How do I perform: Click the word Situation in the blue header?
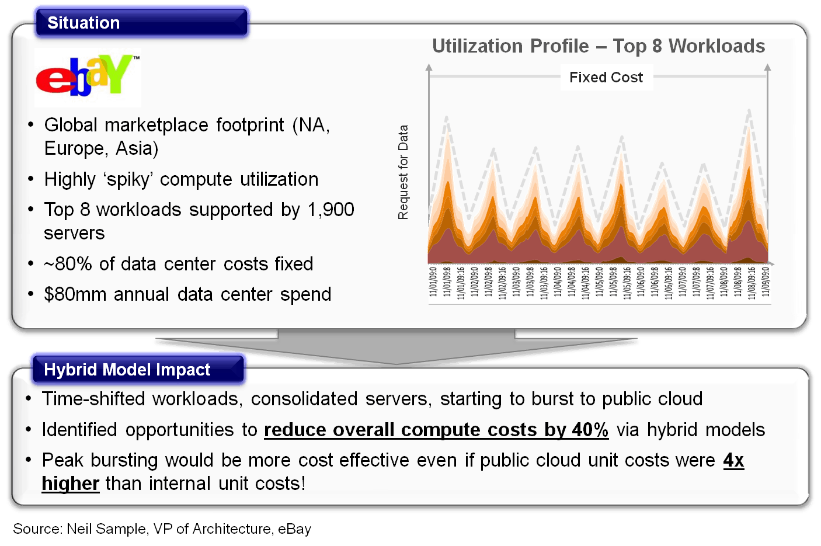tap(84, 23)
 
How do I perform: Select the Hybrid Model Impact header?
tap(127, 370)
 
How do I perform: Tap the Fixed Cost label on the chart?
tap(606, 77)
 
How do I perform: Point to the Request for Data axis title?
tap(403, 172)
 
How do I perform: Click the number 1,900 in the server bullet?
tap(331, 210)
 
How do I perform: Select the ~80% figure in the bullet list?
tap(68, 264)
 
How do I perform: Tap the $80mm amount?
tap(75, 294)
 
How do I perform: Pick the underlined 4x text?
tap(733, 460)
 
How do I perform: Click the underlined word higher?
tap(71, 484)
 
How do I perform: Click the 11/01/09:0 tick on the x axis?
tap(433, 281)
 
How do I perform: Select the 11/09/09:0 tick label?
tap(766, 281)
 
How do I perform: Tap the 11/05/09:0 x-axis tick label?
tap(600, 281)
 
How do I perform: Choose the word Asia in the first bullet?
tap(137, 149)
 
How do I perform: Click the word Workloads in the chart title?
tap(716, 46)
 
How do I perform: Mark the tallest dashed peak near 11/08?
tap(749, 110)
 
